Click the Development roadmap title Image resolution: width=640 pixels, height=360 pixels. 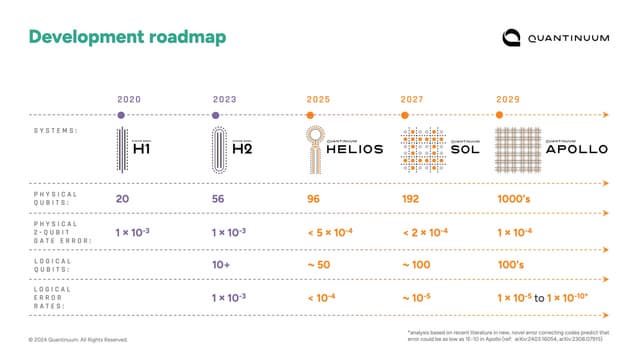pyautogui.click(x=127, y=37)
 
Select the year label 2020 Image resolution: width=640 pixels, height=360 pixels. pyautogui.click(x=129, y=99)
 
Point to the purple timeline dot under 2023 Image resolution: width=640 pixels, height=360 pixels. pyautogui.click(x=217, y=115)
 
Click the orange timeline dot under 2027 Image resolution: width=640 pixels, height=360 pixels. pyautogui.click(x=411, y=115)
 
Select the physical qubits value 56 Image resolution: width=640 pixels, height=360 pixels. pyautogui.click(x=220, y=199)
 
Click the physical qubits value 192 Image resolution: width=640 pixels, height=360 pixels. pyautogui.click(x=411, y=199)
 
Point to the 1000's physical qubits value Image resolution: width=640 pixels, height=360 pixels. pyautogui.click(x=516, y=199)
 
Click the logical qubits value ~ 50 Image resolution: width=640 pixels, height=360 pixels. pyautogui.click(x=320, y=265)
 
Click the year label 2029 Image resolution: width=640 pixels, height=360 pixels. pyautogui.click(x=510, y=99)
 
